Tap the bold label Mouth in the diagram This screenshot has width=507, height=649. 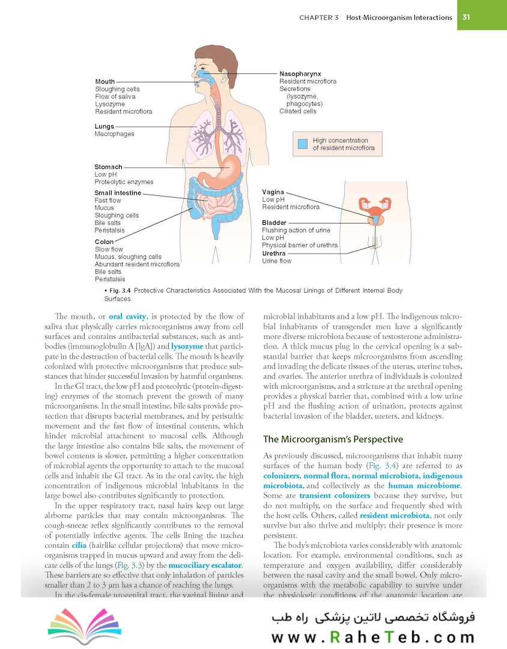(105, 82)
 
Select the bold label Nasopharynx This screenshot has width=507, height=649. (300, 74)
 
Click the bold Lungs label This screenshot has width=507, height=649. (105, 127)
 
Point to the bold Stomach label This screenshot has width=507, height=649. (108, 167)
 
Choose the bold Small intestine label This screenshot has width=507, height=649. (118, 193)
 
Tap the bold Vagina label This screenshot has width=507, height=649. (273, 192)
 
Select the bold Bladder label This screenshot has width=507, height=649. (274, 223)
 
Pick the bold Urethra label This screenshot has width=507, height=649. (274, 254)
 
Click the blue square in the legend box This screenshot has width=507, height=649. (303, 144)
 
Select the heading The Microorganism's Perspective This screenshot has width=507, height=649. (333, 440)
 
